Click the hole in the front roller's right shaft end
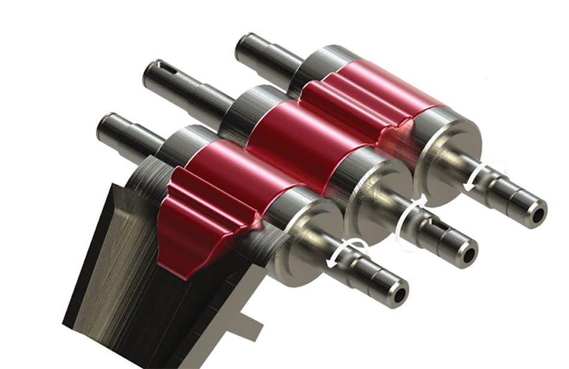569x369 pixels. tap(398, 294)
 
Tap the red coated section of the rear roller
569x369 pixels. tap(371, 90)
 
